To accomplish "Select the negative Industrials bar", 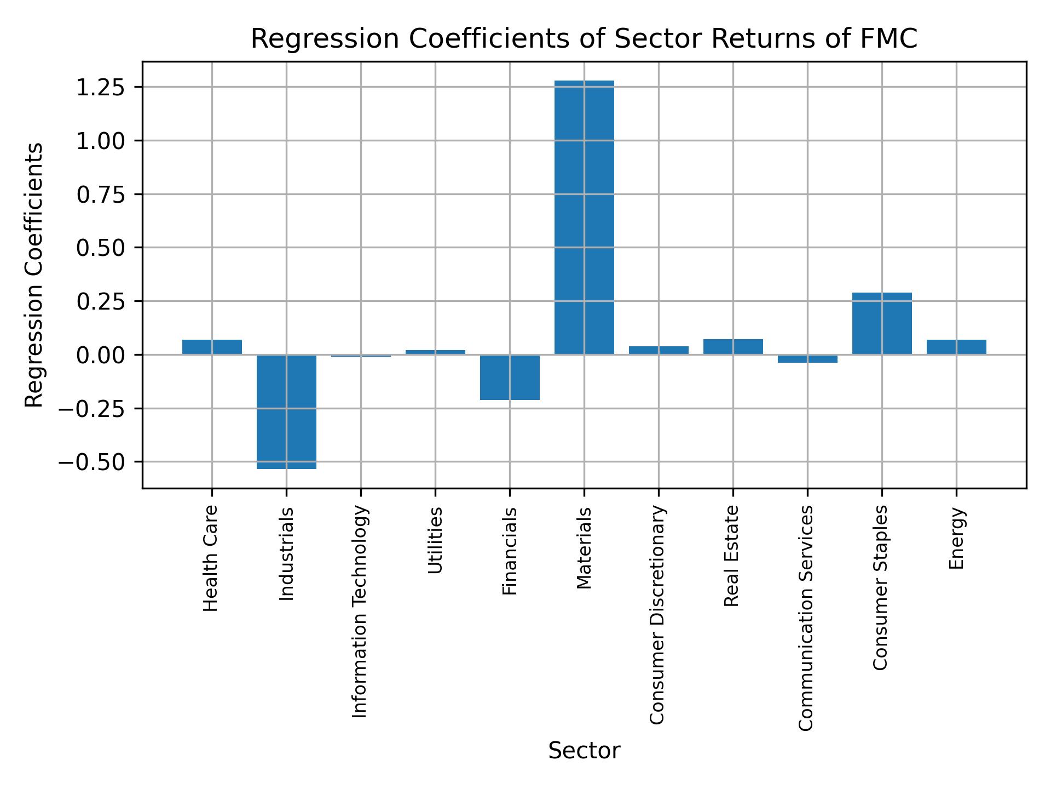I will click(x=286, y=411).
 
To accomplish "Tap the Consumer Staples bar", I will click(x=882, y=323).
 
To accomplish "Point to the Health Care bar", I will click(x=212, y=347).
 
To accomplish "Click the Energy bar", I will click(x=956, y=347).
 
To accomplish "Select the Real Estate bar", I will click(x=733, y=347).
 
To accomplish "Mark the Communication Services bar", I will click(x=807, y=358).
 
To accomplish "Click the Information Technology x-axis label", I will click(x=360, y=611).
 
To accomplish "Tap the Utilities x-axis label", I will click(x=435, y=540).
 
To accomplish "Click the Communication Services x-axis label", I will click(x=806, y=618).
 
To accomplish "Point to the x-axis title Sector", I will click(x=584, y=751).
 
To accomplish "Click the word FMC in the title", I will click(x=891, y=39).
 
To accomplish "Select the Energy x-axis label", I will click(x=956, y=538).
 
